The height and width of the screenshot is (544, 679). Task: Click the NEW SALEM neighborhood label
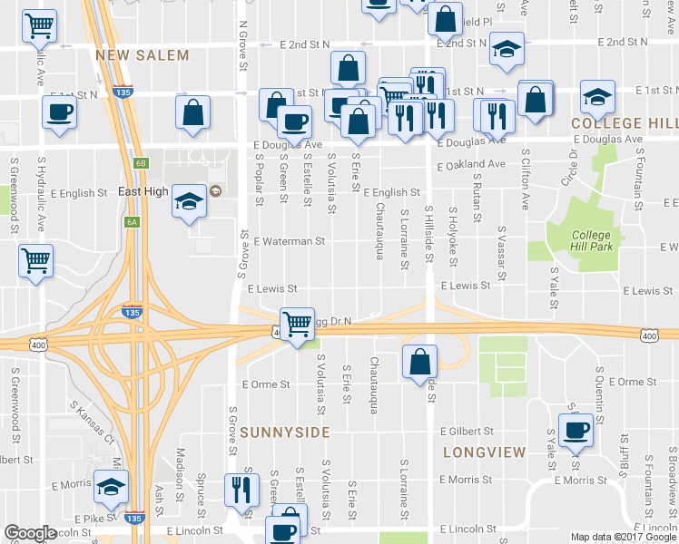[x=143, y=55]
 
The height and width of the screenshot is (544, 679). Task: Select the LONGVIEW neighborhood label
[x=484, y=452]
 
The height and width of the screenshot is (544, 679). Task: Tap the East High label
[x=143, y=192]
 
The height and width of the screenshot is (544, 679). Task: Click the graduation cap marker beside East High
[x=189, y=200]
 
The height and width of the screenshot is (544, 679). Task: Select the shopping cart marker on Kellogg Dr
[x=297, y=323]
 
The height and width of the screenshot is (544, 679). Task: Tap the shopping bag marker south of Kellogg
[x=418, y=362]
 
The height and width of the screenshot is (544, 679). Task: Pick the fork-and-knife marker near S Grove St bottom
[x=241, y=489]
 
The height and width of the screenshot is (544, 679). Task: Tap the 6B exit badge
[x=140, y=163]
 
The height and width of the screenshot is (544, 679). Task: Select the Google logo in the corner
[x=30, y=533]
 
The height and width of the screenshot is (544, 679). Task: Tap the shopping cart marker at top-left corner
[x=39, y=27]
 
